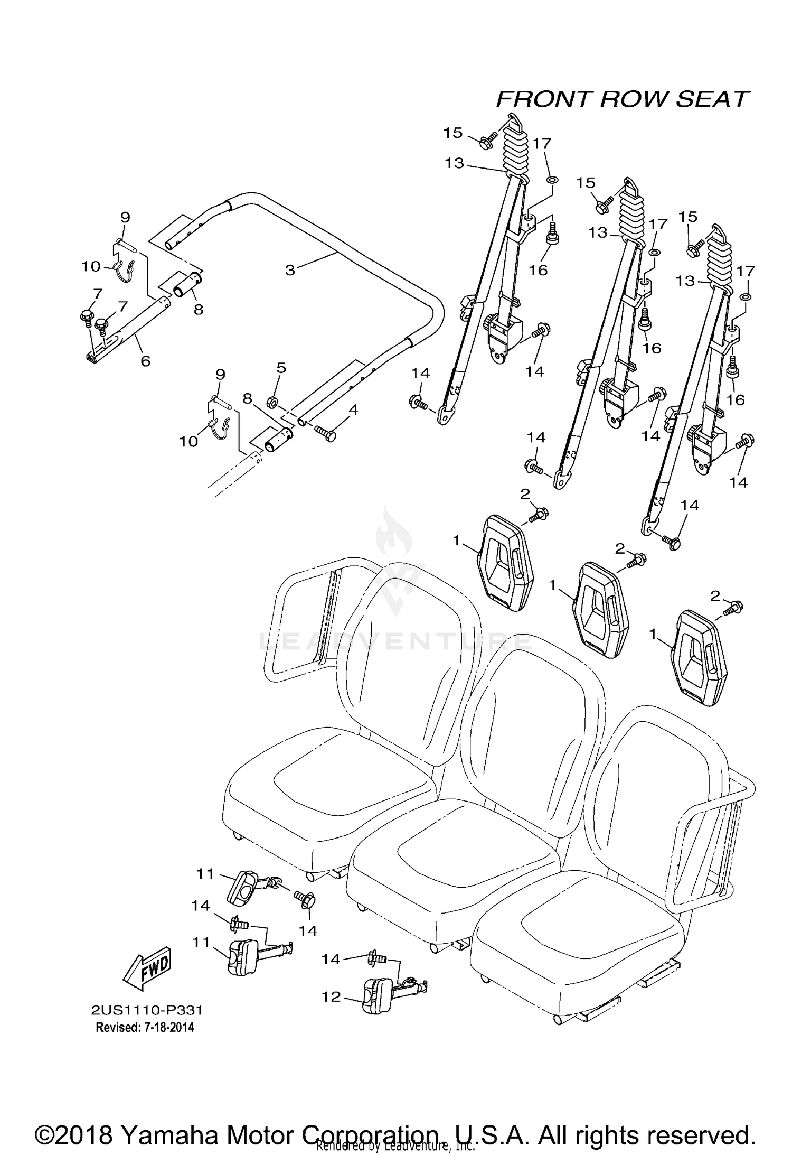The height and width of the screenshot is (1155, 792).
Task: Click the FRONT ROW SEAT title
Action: (x=623, y=99)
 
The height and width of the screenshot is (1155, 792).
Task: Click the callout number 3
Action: (x=290, y=270)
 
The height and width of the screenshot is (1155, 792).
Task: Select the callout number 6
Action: (x=145, y=361)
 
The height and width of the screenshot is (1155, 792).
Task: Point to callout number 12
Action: (x=332, y=996)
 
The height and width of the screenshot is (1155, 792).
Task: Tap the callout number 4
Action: (x=353, y=409)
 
